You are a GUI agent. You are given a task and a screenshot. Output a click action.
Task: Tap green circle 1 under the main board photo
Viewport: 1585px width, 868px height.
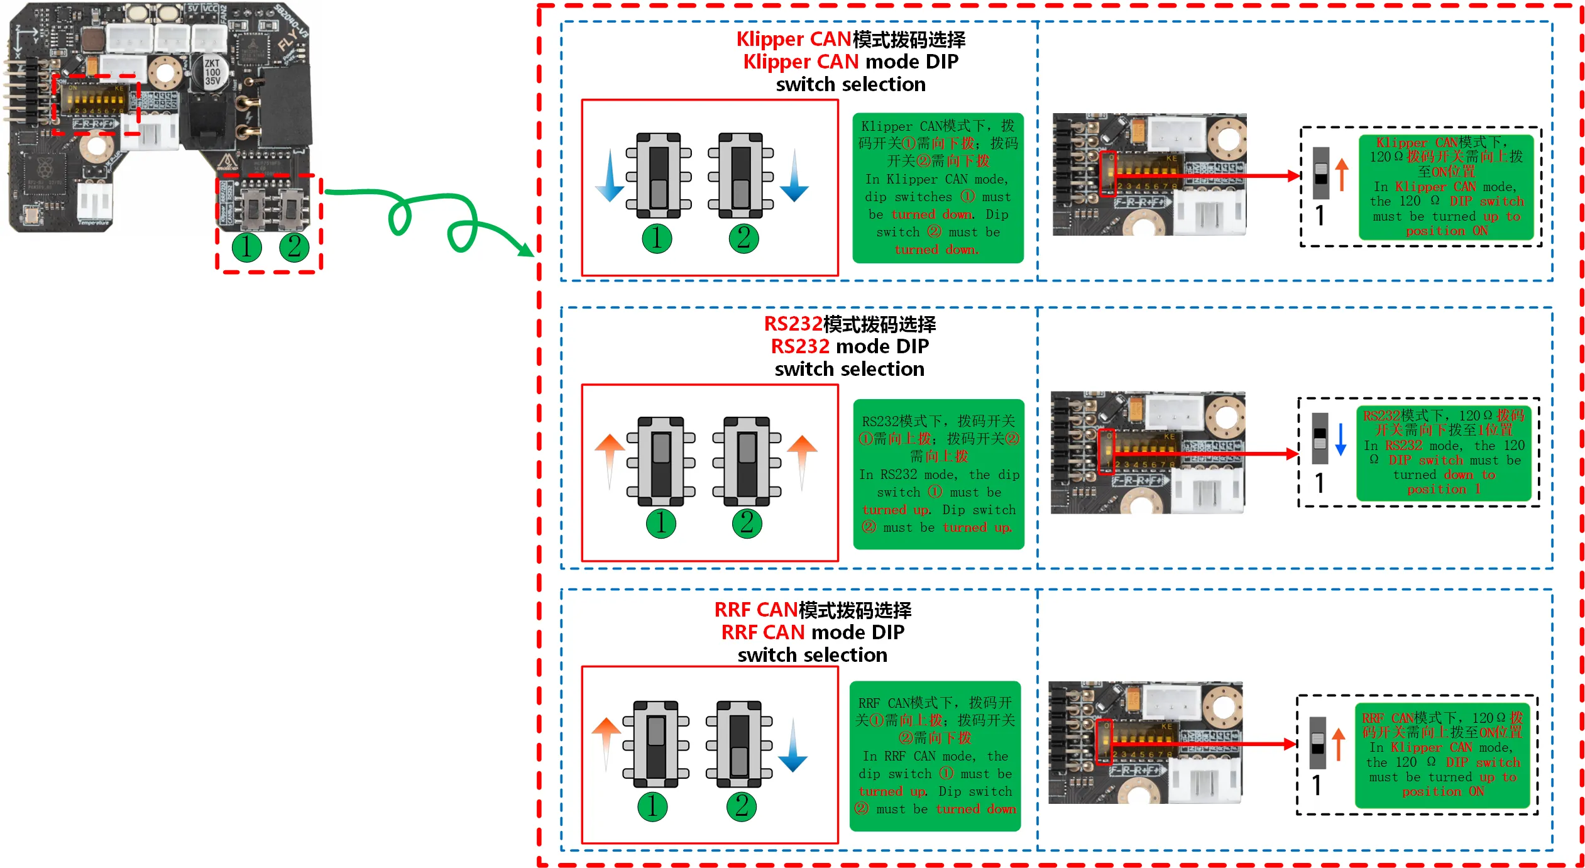(x=246, y=247)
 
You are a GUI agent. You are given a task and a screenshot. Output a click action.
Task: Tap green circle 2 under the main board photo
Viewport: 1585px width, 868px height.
(x=294, y=247)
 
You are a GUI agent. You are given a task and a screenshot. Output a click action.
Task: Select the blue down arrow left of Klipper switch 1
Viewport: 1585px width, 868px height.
(x=610, y=177)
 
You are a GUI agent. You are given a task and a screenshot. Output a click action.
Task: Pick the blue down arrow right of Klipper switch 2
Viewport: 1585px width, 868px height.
(x=794, y=177)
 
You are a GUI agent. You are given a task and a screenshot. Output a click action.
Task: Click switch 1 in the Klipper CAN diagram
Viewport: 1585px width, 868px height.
(x=659, y=175)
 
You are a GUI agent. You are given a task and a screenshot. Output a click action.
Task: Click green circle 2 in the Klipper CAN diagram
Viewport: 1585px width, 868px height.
(x=743, y=238)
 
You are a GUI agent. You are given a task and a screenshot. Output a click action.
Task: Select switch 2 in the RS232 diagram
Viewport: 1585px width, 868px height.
(x=747, y=461)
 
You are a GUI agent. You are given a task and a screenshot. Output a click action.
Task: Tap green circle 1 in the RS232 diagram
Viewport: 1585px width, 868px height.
(x=661, y=523)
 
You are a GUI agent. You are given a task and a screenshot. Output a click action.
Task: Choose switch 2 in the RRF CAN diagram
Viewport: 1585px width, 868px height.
(x=739, y=744)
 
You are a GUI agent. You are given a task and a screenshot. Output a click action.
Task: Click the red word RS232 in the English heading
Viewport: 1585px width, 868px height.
(x=799, y=346)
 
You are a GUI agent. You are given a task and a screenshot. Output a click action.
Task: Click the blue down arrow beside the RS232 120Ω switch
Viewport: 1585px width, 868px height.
(x=1341, y=439)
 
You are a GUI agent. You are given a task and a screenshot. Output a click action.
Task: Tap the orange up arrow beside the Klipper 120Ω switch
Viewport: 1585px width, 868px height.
(x=1342, y=174)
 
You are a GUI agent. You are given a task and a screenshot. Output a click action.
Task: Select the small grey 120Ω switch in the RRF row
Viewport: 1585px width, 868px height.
(x=1318, y=742)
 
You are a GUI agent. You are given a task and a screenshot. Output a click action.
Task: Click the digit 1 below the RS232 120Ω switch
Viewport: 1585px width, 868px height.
(x=1320, y=483)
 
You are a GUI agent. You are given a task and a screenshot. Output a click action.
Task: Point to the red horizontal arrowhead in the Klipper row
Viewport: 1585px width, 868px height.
(x=1293, y=176)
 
